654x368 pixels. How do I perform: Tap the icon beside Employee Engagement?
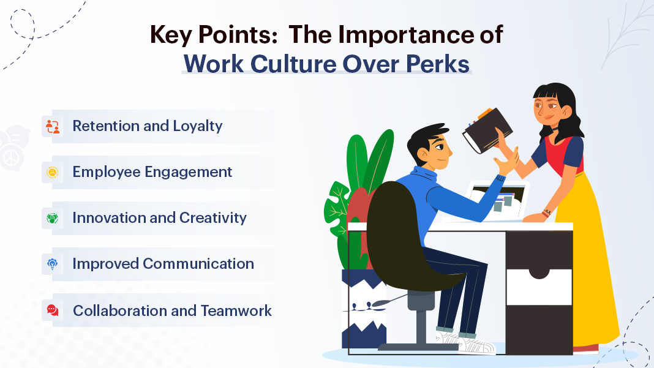tap(53, 173)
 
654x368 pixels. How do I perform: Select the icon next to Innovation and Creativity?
tap(53, 218)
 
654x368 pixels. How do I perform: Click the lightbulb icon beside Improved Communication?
tap(53, 264)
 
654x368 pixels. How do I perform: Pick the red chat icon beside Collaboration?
tap(53, 310)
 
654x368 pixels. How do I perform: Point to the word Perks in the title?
tap(444, 63)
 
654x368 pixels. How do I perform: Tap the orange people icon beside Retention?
tap(53, 127)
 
